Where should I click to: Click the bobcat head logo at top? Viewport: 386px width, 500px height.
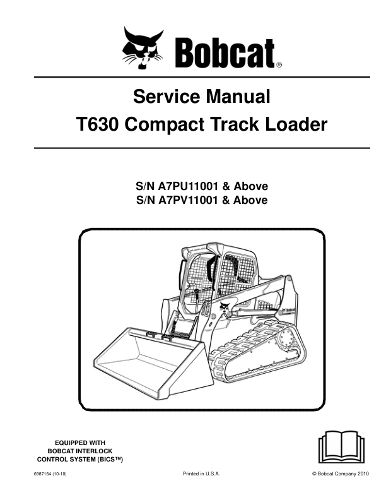click(x=143, y=48)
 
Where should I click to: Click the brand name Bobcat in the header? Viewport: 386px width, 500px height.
click(x=225, y=53)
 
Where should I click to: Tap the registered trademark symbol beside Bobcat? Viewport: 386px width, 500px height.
click(x=279, y=65)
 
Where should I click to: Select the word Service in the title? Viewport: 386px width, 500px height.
click(x=162, y=97)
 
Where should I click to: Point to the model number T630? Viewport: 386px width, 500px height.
click(x=98, y=124)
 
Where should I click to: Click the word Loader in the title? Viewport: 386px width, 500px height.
click(x=296, y=124)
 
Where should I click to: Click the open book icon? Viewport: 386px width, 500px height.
click(x=341, y=447)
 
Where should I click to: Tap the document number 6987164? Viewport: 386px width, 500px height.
click(x=38, y=474)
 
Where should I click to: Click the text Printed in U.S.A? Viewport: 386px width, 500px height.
click(x=201, y=474)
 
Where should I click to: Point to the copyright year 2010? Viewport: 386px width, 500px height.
click(x=363, y=474)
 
